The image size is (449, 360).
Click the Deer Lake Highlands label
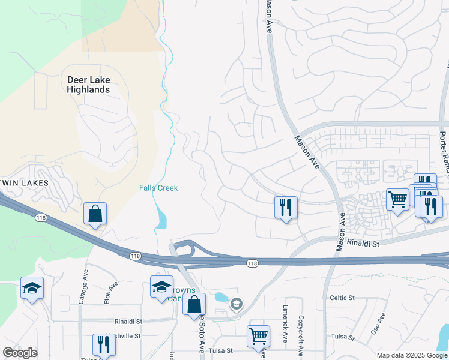point(88,85)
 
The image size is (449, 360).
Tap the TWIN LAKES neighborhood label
point(23,181)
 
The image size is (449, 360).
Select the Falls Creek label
point(158,188)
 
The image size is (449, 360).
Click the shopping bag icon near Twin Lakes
point(95,214)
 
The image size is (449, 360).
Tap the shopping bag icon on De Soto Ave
point(194,304)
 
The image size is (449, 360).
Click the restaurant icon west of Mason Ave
point(286,208)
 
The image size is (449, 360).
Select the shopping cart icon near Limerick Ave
point(258,336)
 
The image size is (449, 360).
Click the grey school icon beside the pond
point(237,304)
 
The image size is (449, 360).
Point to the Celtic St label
point(342,298)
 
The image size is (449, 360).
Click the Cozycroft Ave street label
point(301,329)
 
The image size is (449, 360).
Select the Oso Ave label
point(379,323)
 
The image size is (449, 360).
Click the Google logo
point(20,353)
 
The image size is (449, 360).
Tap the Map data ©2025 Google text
point(411,355)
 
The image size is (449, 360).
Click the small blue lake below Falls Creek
point(160,217)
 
